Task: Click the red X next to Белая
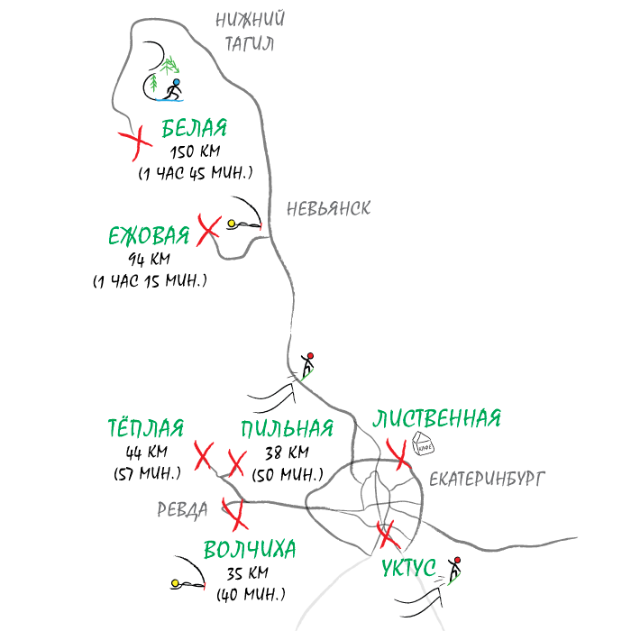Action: [136, 142]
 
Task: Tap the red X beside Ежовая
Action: [209, 231]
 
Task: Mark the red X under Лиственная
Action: [398, 454]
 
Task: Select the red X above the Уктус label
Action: [388, 535]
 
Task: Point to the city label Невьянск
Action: [328, 209]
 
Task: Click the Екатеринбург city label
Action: [487, 479]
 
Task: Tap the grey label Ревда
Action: [182, 510]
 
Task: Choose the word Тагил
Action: [250, 44]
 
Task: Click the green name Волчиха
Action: [250, 550]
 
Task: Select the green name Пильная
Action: [288, 428]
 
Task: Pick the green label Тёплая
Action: [146, 428]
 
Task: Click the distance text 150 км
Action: [196, 152]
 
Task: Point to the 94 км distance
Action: [150, 260]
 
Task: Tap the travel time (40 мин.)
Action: [251, 594]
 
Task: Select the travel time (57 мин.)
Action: [147, 473]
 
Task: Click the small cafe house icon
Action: [423, 444]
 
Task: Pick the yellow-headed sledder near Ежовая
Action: [243, 224]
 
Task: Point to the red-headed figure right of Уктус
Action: [454, 570]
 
